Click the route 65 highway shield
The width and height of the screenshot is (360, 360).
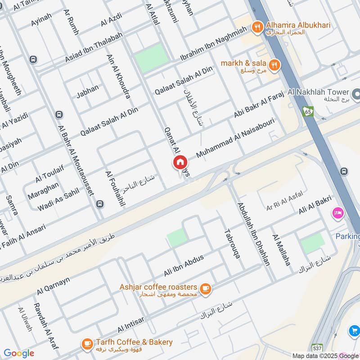pos(308,111)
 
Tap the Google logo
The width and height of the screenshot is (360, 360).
pos(18,353)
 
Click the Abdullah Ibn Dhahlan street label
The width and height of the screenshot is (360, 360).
pos(254,234)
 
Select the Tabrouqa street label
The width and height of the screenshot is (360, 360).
pos(232,243)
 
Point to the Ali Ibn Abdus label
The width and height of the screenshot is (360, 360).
pos(184,265)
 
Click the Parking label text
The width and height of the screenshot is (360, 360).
pos(348,236)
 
